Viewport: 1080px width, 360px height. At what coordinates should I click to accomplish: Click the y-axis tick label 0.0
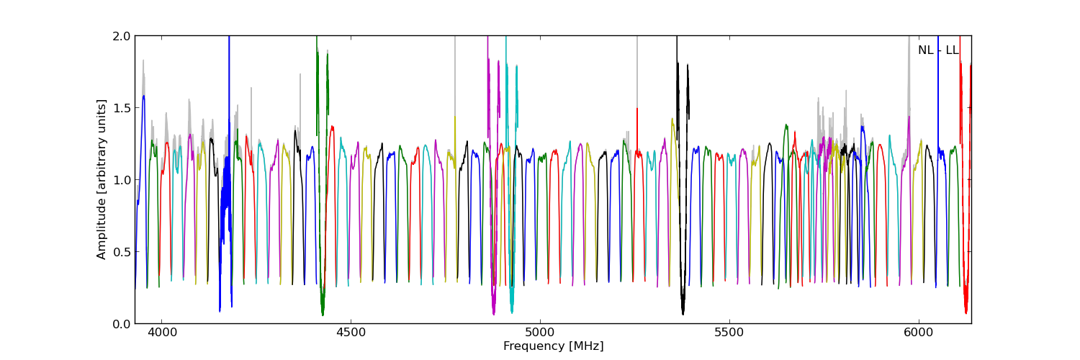tap(122, 324)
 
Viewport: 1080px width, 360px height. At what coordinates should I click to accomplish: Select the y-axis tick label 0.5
tap(122, 252)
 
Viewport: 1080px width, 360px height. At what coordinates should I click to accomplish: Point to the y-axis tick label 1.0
tap(122, 180)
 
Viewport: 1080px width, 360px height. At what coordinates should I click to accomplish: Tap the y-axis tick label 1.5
tap(122, 108)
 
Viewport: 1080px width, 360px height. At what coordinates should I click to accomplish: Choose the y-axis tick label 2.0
tap(122, 36)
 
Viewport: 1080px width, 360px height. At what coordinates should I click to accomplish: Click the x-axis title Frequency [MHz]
tap(553, 346)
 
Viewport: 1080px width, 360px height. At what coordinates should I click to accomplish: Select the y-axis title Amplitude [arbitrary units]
tap(102, 179)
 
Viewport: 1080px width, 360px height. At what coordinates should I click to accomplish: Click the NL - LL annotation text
tap(938, 50)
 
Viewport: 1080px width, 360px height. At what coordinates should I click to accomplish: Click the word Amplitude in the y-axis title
tap(102, 229)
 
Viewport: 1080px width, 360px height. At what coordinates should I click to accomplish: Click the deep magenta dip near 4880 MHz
tap(493, 311)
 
